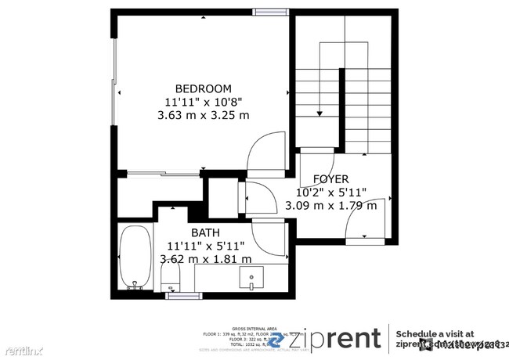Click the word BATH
[x=206, y=232]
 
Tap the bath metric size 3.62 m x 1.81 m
[x=206, y=259]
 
